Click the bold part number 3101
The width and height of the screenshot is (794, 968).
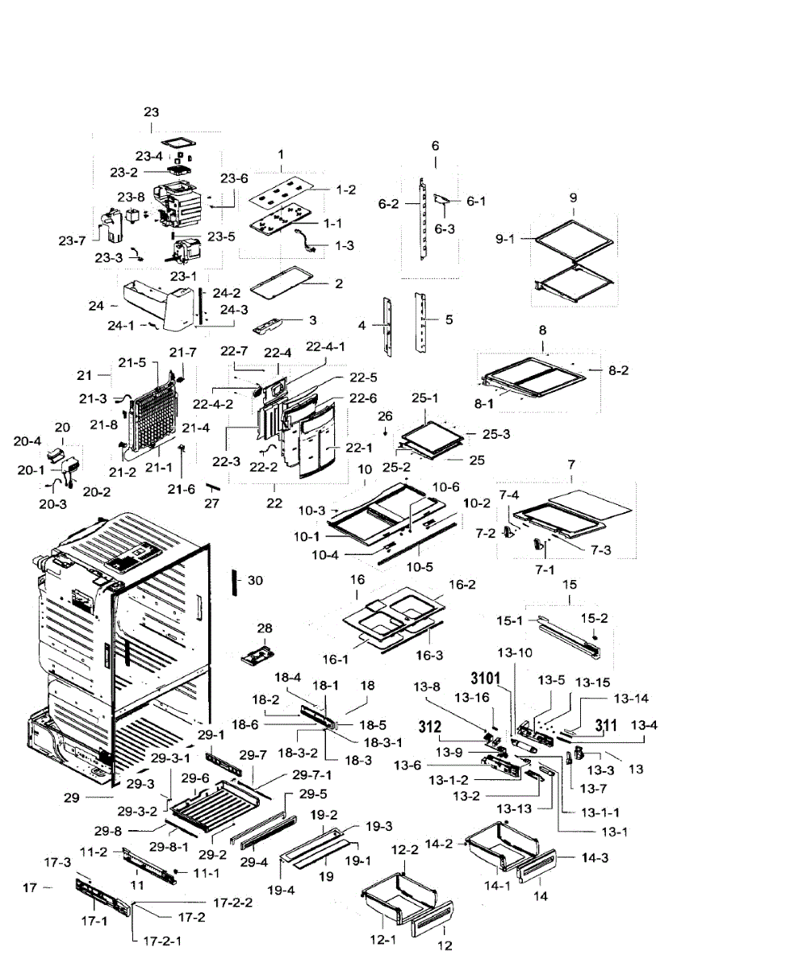click(485, 678)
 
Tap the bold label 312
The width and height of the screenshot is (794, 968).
click(430, 727)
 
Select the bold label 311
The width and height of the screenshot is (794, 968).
click(606, 726)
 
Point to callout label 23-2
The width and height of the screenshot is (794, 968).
click(123, 172)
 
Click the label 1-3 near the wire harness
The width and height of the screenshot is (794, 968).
click(345, 245)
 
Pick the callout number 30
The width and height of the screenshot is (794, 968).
click(255, 580)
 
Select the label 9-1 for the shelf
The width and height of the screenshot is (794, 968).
click(505, 239)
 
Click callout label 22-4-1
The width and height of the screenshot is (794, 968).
click(326, 346)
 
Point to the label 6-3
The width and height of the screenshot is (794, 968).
click(445, 228)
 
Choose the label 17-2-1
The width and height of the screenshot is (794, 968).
click(162, 941)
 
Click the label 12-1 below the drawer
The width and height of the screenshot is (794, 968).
click(383, 940)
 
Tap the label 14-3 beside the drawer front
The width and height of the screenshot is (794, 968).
click(595, 857)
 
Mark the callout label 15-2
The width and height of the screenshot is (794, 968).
click(594, 618)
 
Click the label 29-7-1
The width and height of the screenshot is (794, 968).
click(311, 774)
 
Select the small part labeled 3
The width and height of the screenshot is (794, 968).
click(273, 324)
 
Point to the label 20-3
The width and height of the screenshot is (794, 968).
click(52, 504)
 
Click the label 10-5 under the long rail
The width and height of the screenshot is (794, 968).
click(420, 567)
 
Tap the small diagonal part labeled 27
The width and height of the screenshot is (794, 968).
click(213, 486)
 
